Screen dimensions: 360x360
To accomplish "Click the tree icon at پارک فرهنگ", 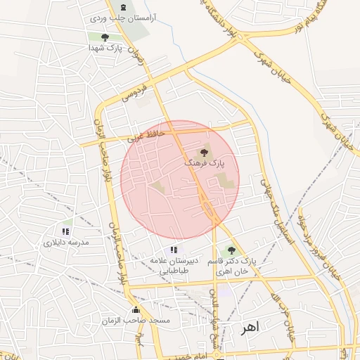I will (205, 150).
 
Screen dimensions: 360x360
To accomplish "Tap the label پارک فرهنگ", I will (205, 162).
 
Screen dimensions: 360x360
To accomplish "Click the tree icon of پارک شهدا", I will (105, 37).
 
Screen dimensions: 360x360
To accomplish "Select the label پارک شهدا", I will (105, 49).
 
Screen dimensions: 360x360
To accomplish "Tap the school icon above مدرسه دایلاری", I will (65, 231).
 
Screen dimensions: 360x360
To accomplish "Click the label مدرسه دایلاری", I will (66, 242).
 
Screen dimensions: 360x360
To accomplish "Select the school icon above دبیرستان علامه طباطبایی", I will (174, 250).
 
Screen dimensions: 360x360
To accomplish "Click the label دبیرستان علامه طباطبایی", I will (174, 265).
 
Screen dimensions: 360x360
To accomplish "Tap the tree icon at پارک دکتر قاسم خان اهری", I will (231, 250).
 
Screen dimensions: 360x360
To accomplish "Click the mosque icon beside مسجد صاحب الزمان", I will (136, 310).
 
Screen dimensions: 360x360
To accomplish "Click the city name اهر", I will (249, 328).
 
